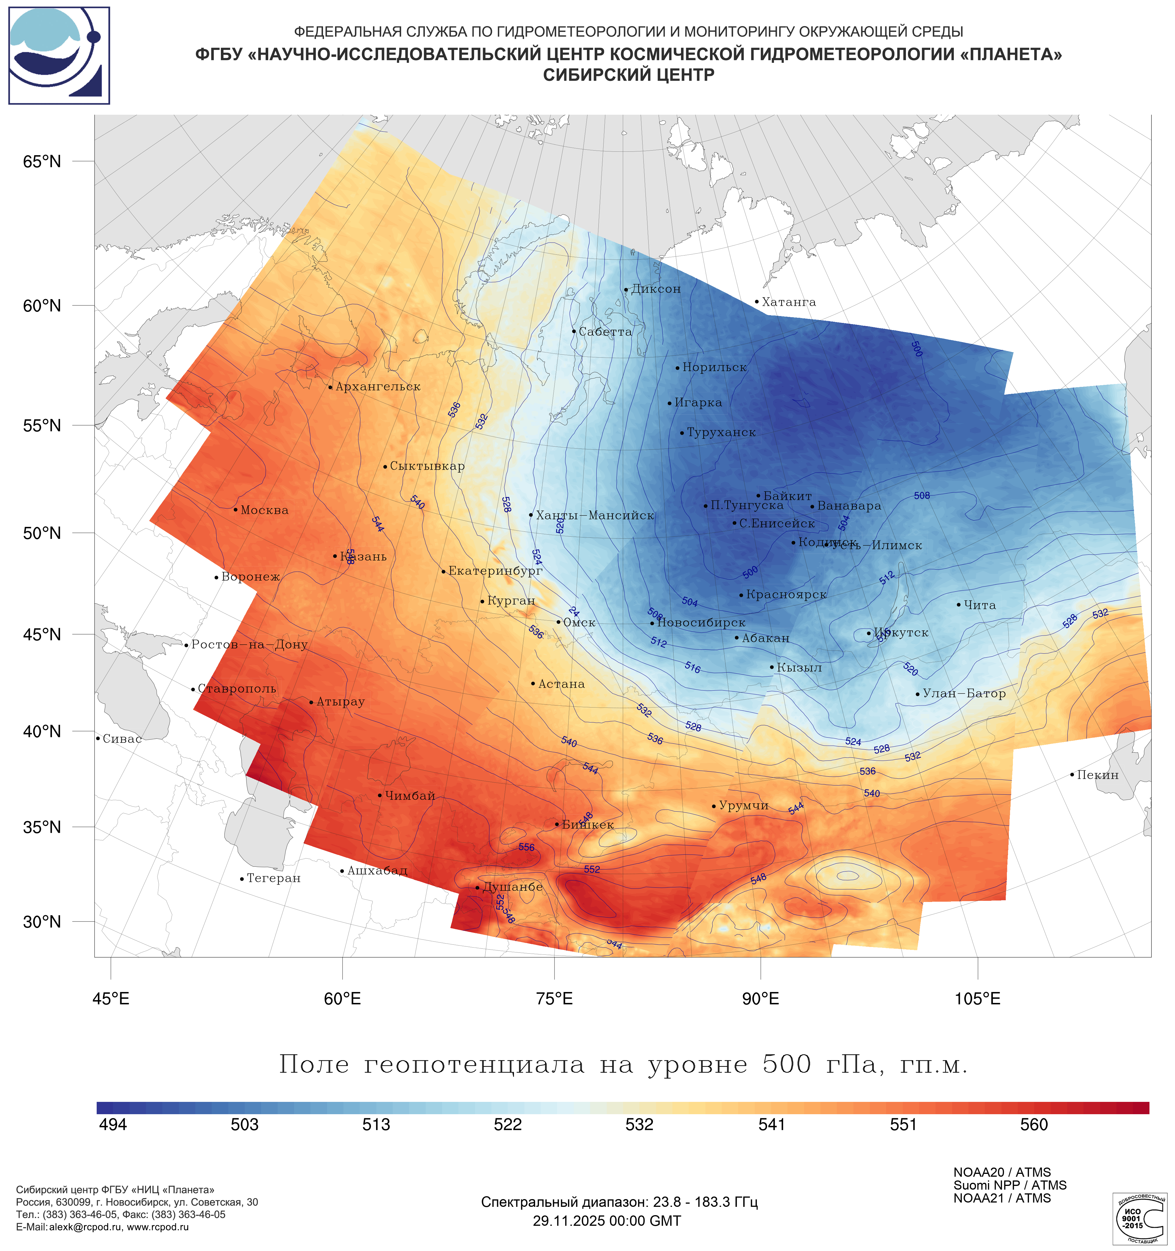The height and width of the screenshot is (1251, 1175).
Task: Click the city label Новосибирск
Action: click(701, 623)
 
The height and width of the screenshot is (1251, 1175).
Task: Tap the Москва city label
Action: click(264, 510)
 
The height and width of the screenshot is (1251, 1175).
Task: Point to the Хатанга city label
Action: click(789, 302)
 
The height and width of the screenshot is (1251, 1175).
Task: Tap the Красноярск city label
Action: click(786, 595)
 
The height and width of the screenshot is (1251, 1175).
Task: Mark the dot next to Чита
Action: click(958, 605)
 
